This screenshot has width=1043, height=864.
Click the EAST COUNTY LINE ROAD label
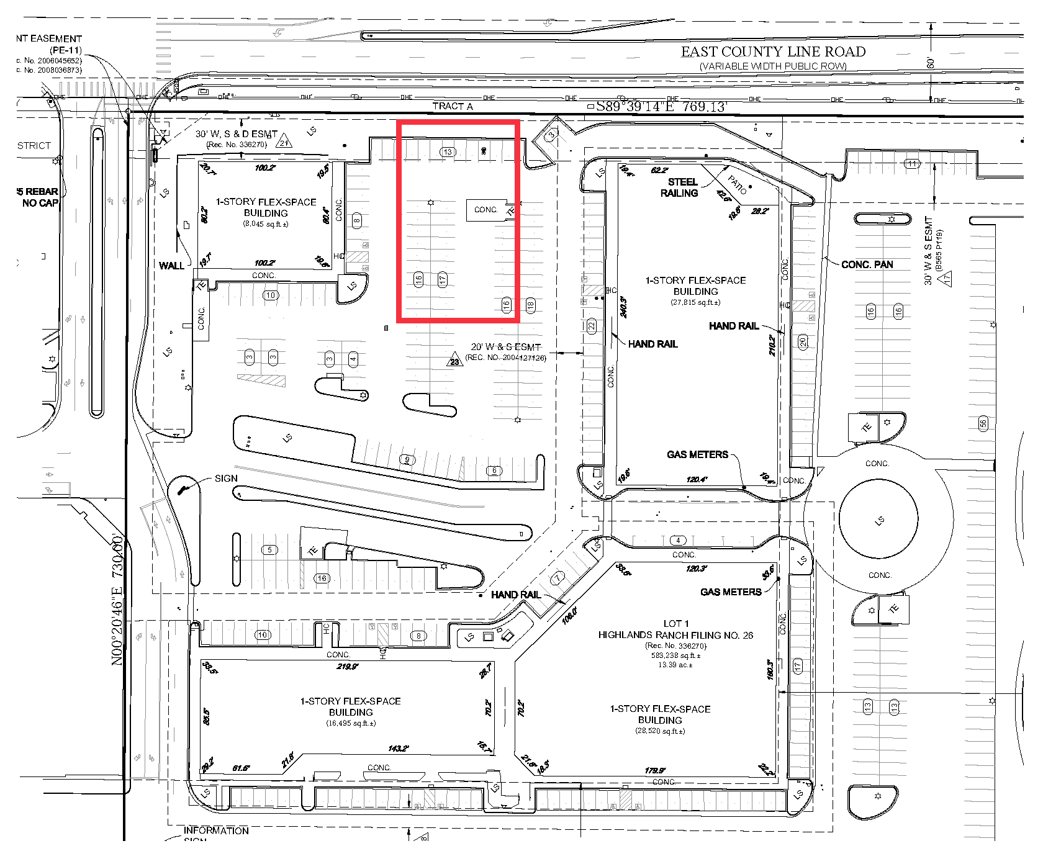[x=773, y=52]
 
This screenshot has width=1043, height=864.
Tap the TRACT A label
[x=453, y=106]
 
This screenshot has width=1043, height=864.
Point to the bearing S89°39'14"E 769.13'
[x=661, y=107]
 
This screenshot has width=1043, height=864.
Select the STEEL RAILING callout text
[x=681, y=187]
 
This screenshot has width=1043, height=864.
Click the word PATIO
[x=737, y=184]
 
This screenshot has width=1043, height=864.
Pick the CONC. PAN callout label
[x=867, y=264]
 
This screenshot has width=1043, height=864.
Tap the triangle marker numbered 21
[x=284, y=142]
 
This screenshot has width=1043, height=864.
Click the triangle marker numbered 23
[x=454, y=361]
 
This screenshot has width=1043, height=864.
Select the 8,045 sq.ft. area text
[x=265, y=224]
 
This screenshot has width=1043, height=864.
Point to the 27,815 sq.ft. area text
[x=695, y=302]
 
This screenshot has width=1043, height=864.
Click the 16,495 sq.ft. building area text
[x=351, y=723]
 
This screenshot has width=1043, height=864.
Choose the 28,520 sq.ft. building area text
[x=660, y=731]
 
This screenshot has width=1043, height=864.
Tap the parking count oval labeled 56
[x=983, y=424]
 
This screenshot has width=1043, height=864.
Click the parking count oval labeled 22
[x=592, y=325]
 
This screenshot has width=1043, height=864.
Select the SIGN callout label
[x=226, y=479]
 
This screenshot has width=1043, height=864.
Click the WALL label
[x=171, y=266]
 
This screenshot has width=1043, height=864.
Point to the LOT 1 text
[x=675, y=623]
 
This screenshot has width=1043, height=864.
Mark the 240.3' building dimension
[x=623, y=307]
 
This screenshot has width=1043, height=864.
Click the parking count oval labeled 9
[x=407, y=460]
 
